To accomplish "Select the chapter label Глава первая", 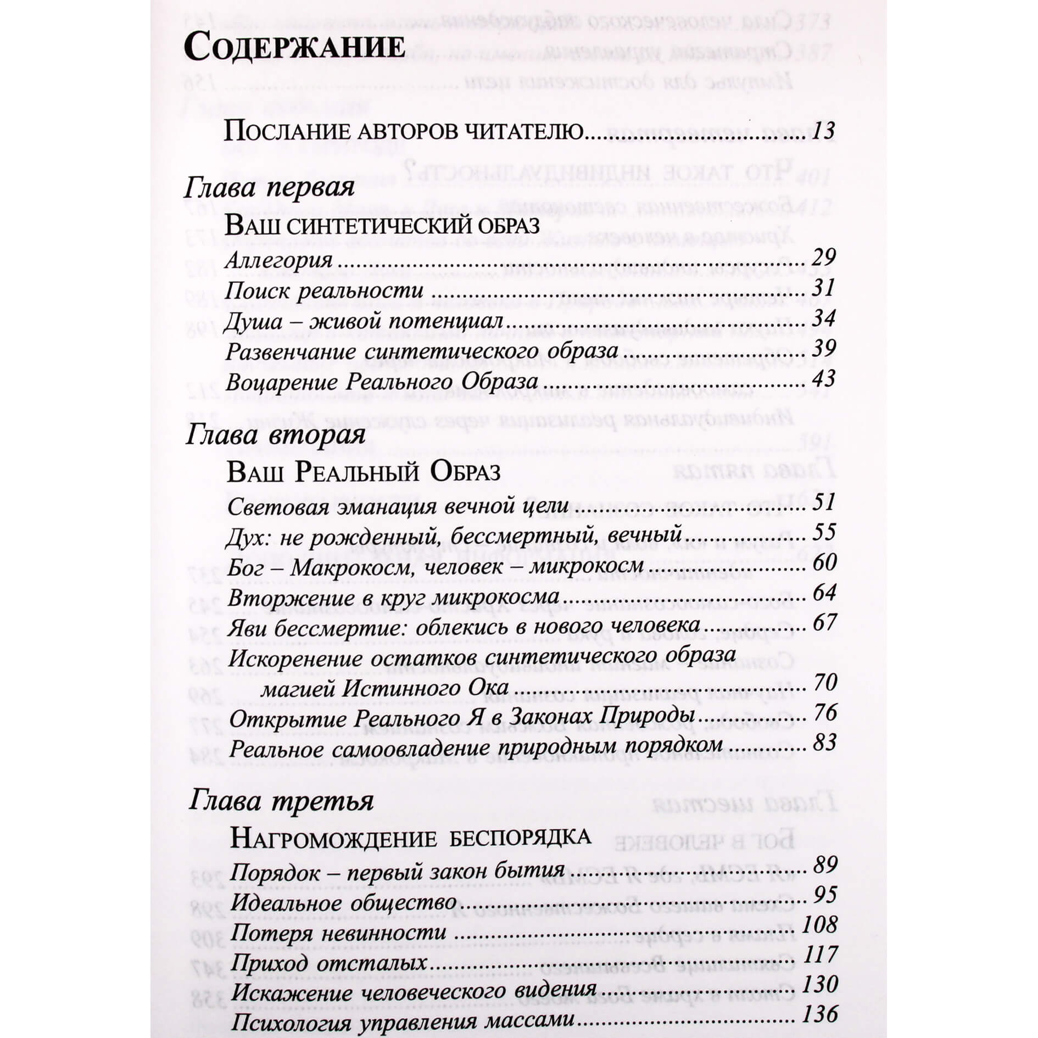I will [269, 189].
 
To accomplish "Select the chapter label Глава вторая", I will [275, 436].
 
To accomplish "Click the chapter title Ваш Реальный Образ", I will [364, 472].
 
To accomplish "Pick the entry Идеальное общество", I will [343, 903].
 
